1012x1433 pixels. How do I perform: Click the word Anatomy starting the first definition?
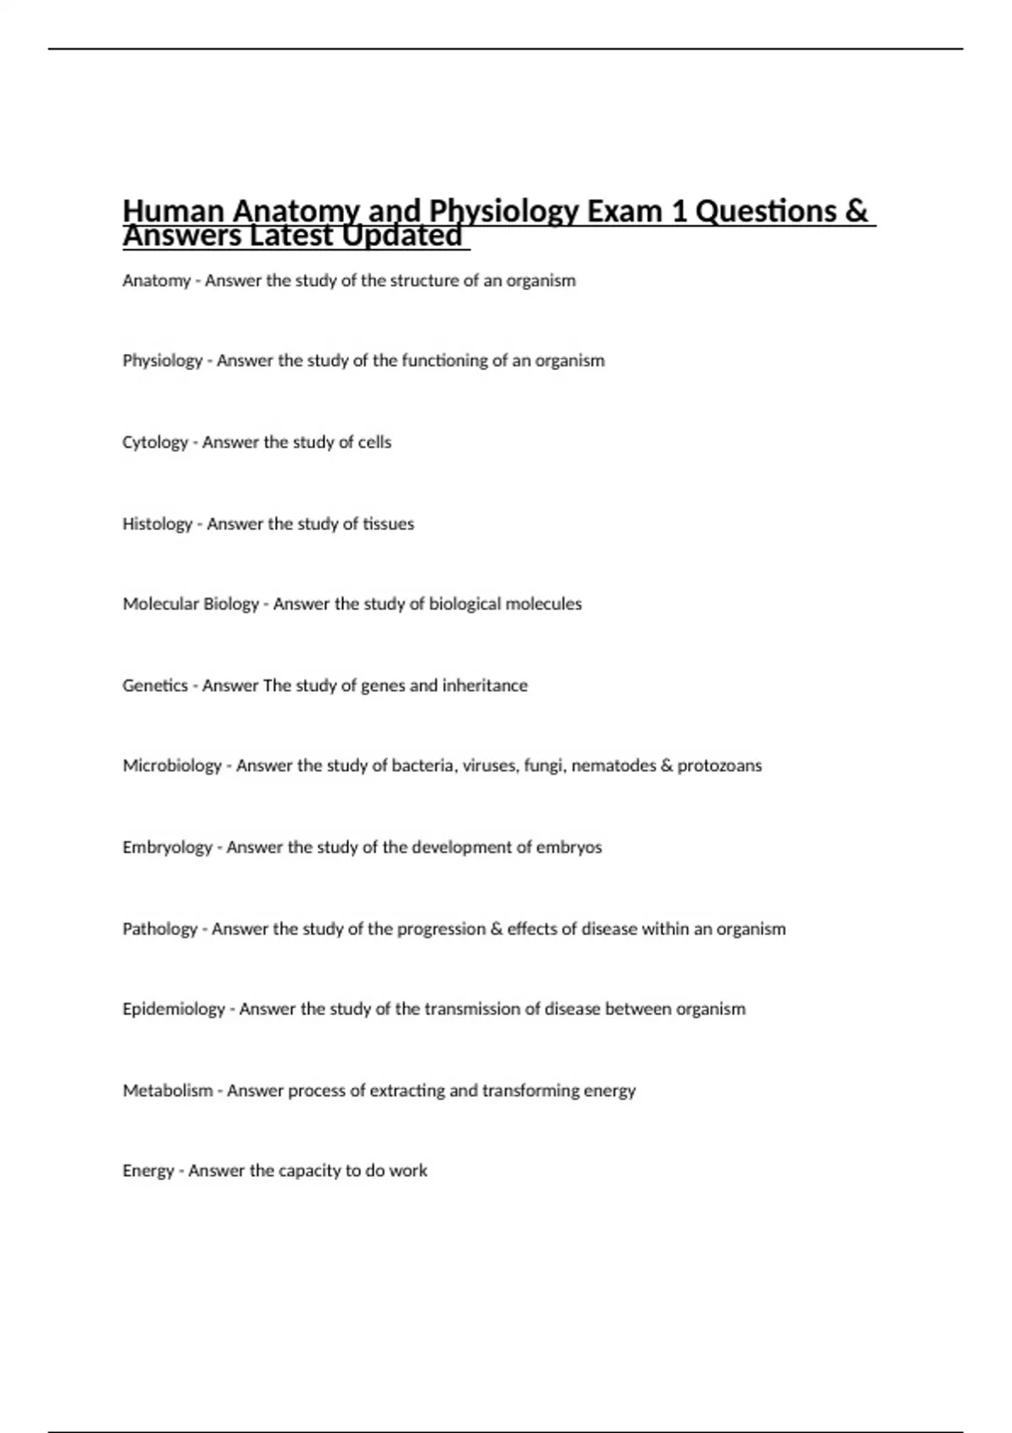pos(156,281)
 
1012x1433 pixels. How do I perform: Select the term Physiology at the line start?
pos(162,361)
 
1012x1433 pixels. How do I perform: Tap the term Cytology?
pos(155,443)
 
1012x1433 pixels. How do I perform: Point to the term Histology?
pos(157,524)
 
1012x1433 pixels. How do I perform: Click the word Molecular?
pos(157,604)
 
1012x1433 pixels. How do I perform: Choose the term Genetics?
pos(155,686)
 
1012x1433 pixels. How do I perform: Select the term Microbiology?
pos(172,766)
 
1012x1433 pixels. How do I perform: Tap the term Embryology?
pos(167,848)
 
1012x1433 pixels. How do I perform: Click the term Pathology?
pos(159,929)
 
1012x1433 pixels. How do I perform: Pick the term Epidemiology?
pos(174,1009)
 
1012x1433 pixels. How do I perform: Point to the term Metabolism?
pos(168,1091)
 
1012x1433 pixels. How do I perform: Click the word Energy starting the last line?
pos(148,1171)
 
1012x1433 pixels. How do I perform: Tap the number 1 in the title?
pos(678,211)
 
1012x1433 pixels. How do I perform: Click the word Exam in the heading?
pos(624,211)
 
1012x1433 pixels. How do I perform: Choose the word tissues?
pos(388,524)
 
